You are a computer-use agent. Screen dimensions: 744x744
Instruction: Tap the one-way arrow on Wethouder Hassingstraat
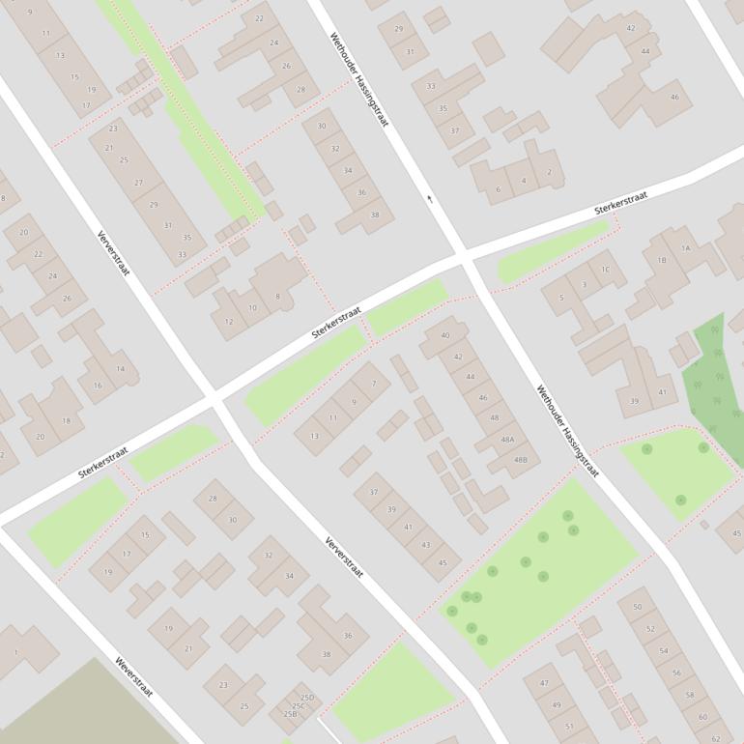click(x=430, y=199)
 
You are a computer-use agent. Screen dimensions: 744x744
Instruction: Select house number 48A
click(x=507, y=439)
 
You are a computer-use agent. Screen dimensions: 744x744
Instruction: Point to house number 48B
click(x=521, y=460)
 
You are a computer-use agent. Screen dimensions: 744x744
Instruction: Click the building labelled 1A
click(x=686, y=248)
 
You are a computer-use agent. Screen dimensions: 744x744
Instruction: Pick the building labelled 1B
click(x=662, y=261)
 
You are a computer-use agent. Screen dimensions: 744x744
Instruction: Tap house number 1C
click(x=605, y=270)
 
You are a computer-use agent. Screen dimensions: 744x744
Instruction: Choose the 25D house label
click(x=307, y=698)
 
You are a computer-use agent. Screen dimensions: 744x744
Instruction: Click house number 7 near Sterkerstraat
click(x=373, y=384)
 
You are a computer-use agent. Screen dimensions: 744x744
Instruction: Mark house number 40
click(x=445, y=335)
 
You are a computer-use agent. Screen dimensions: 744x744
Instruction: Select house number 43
click(x=425, y=545)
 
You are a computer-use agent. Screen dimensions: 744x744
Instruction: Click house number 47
click(x=544, y=683)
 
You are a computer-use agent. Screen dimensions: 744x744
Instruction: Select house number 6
click(x=499, y=189)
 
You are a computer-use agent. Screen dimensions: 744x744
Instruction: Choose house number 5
click(x=561, y=298)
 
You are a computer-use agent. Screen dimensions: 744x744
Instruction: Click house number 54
click(x=664, y=650)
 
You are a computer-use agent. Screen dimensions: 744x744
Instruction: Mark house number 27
click(x=138, y=183)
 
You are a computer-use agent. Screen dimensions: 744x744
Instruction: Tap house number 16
click(x=98, y=386)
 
